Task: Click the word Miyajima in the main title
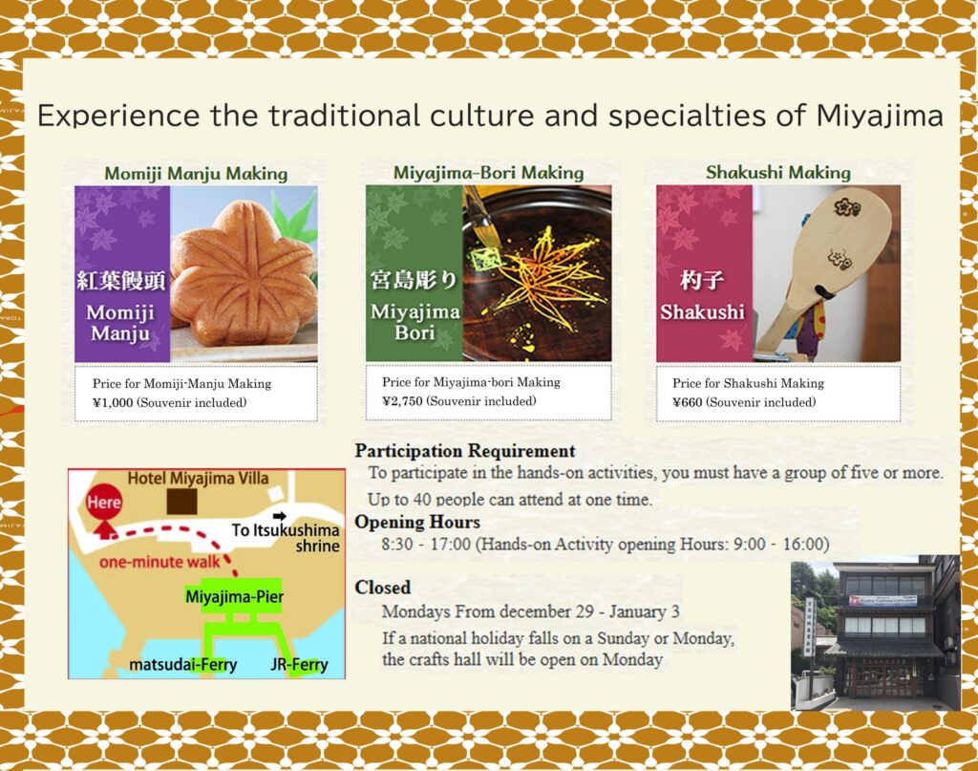tap(880, 116)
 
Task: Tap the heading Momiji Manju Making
tap(196, 174)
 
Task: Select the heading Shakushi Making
tap(777, 172)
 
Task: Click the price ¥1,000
tap(113, 402)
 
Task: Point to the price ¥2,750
tap(402, 401)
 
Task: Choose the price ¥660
tap(688, 402)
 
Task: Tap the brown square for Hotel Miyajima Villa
tap(182, 502)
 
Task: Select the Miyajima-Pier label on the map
tap(235, 597)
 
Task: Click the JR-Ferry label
tap(299, 665)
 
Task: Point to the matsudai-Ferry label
tap(182, 665)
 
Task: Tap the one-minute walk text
tap(159, 562)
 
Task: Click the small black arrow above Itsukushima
tap(280, 516)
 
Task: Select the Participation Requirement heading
tap(465, 450)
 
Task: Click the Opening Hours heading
tap(417, 522)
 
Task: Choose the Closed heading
tap(382, 587)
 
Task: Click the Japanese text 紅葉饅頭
tap(121, 281)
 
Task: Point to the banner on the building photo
tap(882, 600)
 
